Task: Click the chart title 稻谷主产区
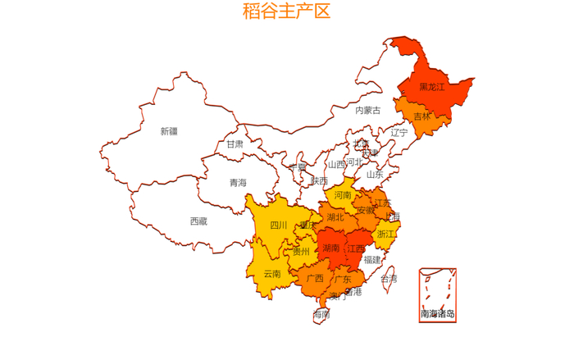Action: click(286, 11)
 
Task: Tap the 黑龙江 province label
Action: click(431, 87)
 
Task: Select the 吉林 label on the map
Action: click(421, 116)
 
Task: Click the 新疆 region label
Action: click(169, 131)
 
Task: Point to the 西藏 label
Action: click(198, 221)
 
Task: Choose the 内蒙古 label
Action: click(367, 110)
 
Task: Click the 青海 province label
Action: click(238, 183)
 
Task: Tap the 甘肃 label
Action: click(235, 144)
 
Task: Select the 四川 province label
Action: click(279, 226)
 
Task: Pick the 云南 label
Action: click(272, 274)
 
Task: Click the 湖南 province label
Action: click(331, 248)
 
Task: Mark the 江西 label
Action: click(356, 248)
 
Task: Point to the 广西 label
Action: click(315, 278)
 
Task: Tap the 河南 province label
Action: click(343, 195)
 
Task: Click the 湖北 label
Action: click(335, 217)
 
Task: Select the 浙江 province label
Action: click(385, 234)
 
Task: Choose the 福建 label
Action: click(372, 260)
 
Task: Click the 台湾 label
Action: click(389, 279)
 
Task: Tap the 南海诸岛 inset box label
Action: click(437, 313)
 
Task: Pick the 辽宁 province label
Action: click(399, 132)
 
